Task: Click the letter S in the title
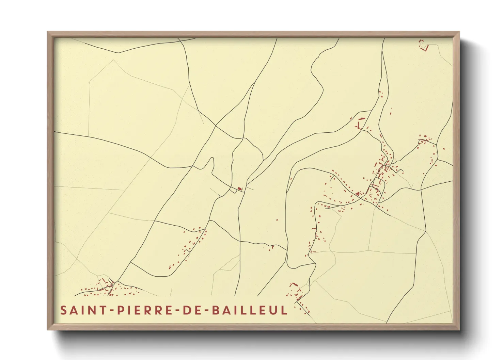[x=64, y=310]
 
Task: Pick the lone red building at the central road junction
[x=239, y=188]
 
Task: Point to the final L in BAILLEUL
[x=284, y=310]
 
